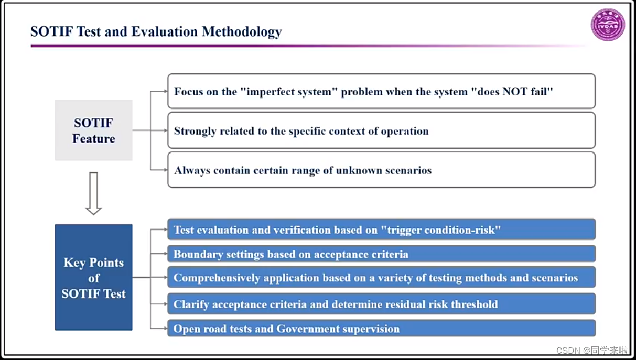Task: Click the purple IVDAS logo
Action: (608, 25)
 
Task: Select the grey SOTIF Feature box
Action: (93, 130)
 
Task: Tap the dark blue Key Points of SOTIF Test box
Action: (93, 278)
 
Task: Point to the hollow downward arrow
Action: (93, 193)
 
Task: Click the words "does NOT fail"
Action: (512, 92)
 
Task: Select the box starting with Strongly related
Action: (381, 130)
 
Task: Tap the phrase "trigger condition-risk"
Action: (441, 230)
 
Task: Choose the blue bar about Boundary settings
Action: (381, 255)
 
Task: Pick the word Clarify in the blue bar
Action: (191, 304)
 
